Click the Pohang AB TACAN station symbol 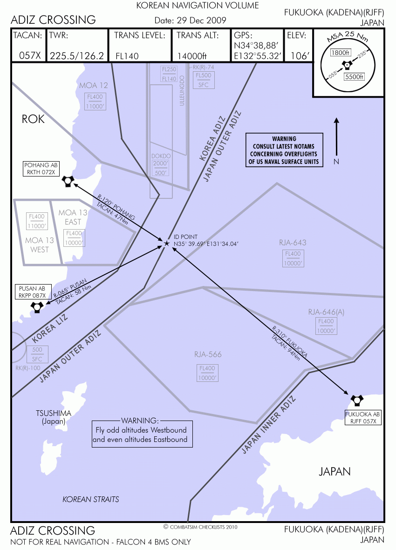(68, 181)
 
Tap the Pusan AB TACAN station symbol (37, 307)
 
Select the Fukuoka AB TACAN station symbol (357, 400)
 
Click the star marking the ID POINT (167, 243)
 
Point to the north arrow (336, 137)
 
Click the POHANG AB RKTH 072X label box (41, 169)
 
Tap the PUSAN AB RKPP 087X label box (33, 292)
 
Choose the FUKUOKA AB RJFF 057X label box (363, 417)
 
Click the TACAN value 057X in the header (30, 55)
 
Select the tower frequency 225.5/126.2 (77, 56)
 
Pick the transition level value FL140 (127, 56)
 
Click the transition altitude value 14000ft (192, 56)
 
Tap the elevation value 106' (300, 56)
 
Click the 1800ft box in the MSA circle (341, 53)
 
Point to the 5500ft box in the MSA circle (354, 77)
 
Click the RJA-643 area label (293, 242)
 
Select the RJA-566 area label (208, 354)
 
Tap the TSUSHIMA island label (54, 413)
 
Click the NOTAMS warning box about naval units (284, 150)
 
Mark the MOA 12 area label (94, 85)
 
